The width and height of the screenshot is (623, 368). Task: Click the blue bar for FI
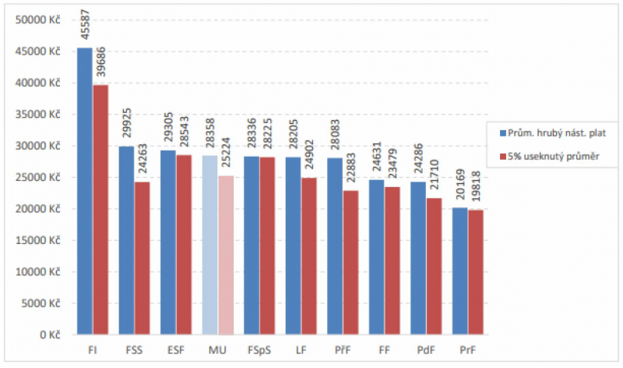tap(84, 191)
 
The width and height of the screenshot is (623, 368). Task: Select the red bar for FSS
tap(142, 258)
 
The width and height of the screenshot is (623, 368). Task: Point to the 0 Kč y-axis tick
tap(51, 335)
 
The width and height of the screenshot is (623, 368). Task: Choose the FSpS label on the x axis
tap(259, 351)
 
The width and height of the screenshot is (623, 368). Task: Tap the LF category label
tap(301, 351)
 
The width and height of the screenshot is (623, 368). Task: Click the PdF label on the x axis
tap(426, 351)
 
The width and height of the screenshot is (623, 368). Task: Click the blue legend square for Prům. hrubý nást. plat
tap(502, 133)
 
